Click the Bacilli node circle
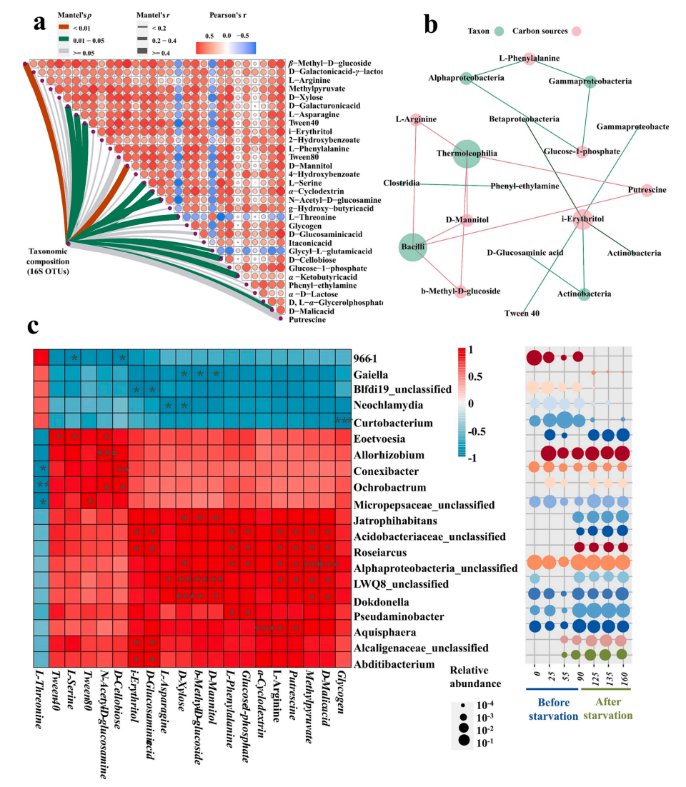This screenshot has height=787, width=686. click(412, 247)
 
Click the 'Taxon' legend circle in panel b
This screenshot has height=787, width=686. click(499, 31)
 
